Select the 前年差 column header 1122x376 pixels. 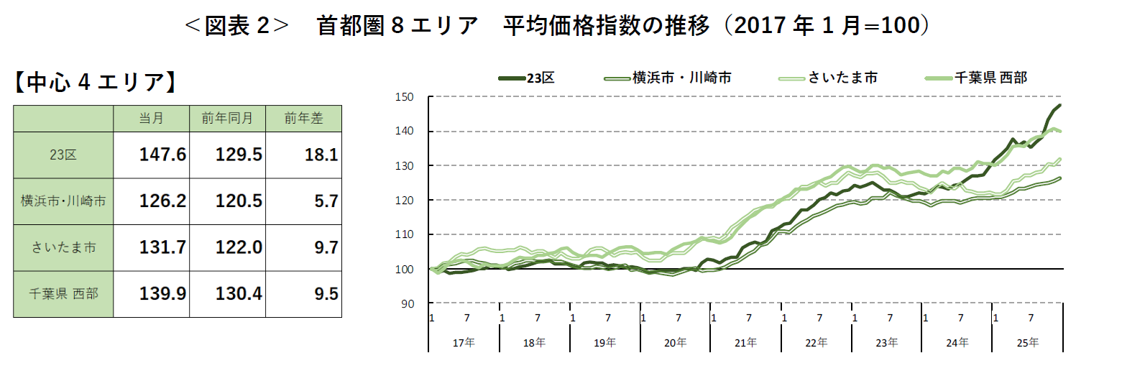303,119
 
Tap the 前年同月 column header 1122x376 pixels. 227,119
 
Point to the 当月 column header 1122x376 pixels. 151,119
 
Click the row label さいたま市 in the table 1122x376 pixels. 63,247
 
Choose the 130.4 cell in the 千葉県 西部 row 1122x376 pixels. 227,293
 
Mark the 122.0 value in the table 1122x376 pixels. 227,247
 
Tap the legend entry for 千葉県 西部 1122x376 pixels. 981,78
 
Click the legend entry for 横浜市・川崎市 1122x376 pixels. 668,78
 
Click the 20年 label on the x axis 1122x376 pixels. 676,342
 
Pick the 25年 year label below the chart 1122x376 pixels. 1028,342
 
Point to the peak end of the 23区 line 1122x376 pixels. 1060,106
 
